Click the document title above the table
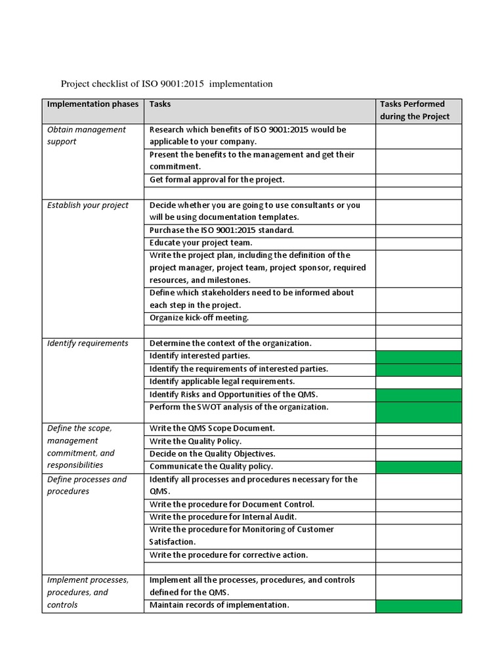pyautogui.click(x=166, y=84)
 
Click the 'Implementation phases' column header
pyautogui.click(x=93, y=104)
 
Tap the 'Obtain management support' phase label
pyautogui.click(x=86, y=135)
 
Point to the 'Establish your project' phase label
pyautogui.click(x=88, y=205)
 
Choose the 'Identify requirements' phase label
pyautogui.click(x=88, y=343)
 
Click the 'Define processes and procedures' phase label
pyautogui.click(x=87, y=485)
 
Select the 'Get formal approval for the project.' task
pyautogui.click(x=217, y=180)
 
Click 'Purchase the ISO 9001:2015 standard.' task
pyautogui.click(x=222, y=230)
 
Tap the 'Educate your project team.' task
pyautogui.click(x=201, y=243)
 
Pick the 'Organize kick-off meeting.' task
pyautogui.click(x=199, y=318)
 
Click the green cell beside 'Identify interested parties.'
pyautogui.click(x=418, y=356)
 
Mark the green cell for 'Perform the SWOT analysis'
pyautogui.click(x=418, y=411)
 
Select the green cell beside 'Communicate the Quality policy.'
pyautogui.click(x=418, y=467)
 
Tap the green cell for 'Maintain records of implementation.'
pyautogui.click(x=418, y=606)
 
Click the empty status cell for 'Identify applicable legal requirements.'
pyautogui.click(x=418, y=382)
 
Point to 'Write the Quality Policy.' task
pyautogui.click(x=196, y=442)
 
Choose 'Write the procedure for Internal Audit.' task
pyautogui.click(x=223, y=517)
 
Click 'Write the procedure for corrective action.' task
pyautogui.click(x=228, y=555)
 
